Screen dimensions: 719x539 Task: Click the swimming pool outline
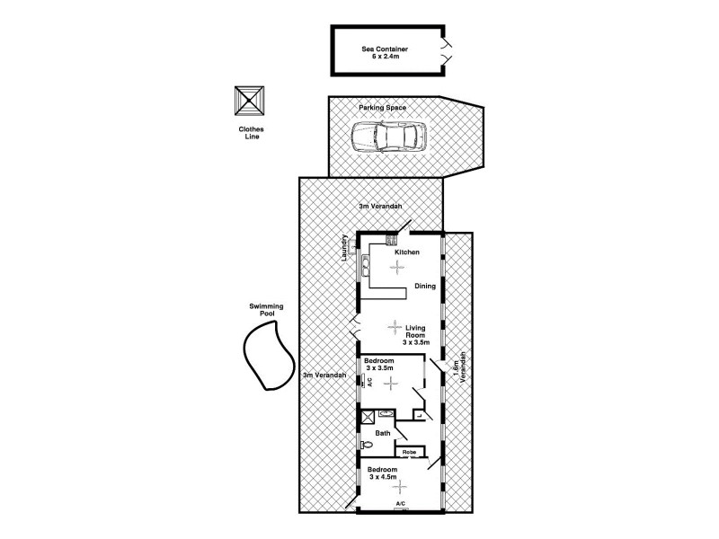266,357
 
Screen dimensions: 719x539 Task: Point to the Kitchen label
407,252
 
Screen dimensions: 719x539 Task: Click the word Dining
425,287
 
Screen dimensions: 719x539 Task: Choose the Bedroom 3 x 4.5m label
387,473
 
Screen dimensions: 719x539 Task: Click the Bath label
383,433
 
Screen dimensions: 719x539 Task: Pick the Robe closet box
408,451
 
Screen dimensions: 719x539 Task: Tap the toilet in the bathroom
365,445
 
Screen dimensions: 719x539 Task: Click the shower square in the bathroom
368,417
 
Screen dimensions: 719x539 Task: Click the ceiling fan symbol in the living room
394,327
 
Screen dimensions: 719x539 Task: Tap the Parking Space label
383,108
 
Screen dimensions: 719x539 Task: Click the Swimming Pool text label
266,310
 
